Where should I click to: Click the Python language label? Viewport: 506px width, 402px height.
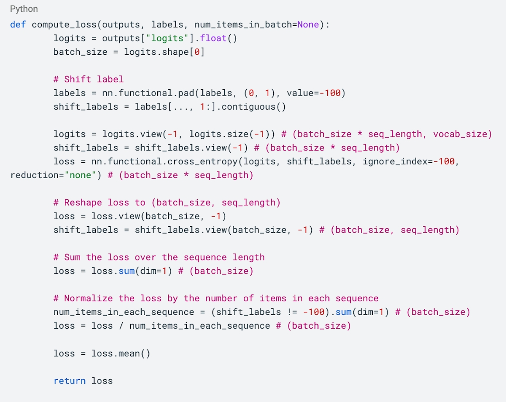[x=24, y=9]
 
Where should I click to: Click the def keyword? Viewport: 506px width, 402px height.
[x=18, y=24]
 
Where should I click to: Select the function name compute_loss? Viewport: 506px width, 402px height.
[x=64, y=25]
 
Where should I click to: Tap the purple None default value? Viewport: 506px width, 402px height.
[x=308, y=24]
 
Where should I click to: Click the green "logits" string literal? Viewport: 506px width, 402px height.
[x=167, y=38]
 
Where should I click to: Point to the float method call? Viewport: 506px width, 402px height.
[x=213, y=38]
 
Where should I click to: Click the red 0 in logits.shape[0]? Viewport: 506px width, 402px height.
[x=197, y=52]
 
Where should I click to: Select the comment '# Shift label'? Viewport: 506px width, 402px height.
[x=89, y=79]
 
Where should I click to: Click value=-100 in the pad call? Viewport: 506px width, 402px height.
[x=313, y=93]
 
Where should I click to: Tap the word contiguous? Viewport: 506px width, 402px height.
[x=248, y=107]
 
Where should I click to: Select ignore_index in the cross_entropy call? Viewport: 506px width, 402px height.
[x=395, y=162]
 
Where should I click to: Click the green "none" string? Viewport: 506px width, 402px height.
[x=81, y=175]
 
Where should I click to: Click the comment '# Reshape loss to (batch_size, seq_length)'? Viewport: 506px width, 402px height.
[x=167, y=203]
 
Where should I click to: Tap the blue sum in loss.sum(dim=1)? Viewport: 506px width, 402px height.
[x=126, y=271]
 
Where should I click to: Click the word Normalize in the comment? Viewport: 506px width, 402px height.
[x=89, y=298]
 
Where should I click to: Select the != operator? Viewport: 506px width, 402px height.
[x=292, y=312]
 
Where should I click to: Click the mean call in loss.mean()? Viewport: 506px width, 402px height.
[x=129, y=354]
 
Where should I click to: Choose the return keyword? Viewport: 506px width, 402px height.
[x=70, y=381]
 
